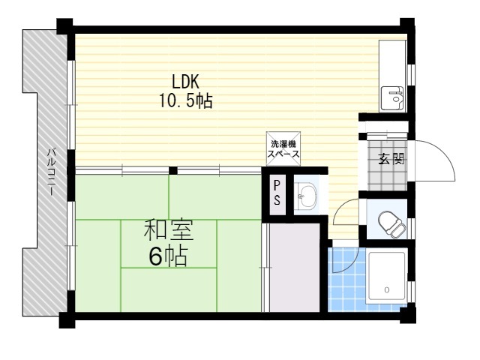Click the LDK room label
[185, 82]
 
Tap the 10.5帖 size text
[186, 100]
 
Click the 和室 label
[169, 230]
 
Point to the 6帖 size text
[168, 256]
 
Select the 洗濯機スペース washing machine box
[283, 148]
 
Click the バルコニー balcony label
[52, 172]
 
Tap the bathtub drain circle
[387, 289]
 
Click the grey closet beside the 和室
[295, 268]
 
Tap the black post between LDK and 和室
[173, 170]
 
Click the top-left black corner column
[64, 26]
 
